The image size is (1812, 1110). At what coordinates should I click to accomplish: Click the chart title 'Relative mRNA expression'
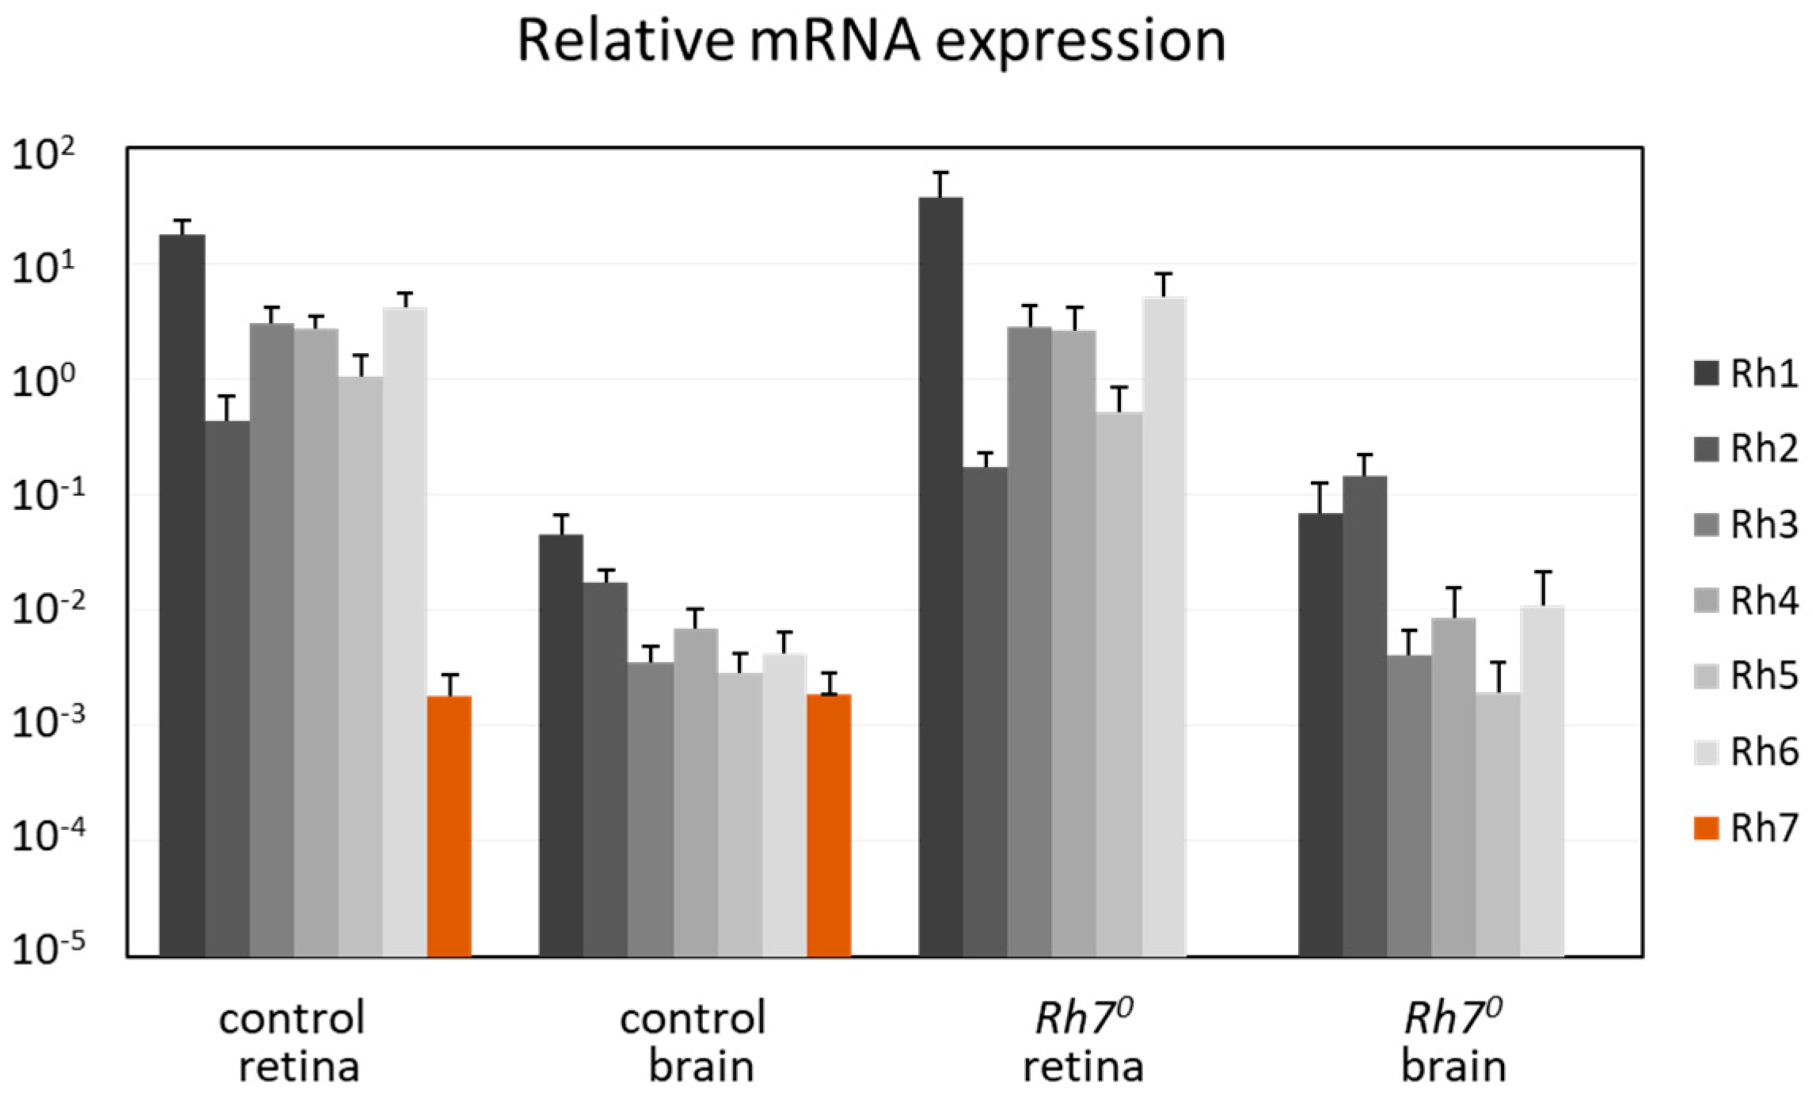pos(872,42)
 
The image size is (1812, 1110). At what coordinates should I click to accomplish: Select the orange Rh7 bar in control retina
pos(449,826)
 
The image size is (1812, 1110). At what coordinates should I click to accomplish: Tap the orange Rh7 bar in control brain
pos(829,825)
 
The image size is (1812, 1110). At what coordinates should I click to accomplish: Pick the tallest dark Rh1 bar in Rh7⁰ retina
pos(940,577)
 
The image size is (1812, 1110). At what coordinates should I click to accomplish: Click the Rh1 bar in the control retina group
pos(182,595)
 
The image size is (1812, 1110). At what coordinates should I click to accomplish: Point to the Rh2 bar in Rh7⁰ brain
pos(1365,716)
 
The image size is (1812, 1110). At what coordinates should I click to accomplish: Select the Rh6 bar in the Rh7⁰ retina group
pos(1164,627)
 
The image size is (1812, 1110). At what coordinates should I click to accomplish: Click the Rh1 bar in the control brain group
pos(561,746)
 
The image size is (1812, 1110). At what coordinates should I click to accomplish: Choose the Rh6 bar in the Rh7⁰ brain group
pos(1542,781)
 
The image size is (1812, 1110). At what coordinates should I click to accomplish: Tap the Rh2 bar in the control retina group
pos(227,689)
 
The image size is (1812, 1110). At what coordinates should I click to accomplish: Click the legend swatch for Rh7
pos(1706,829)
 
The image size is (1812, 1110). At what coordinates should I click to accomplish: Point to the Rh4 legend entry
pos(1746,601)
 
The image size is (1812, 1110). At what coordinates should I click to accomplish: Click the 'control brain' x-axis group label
pos(693,1042)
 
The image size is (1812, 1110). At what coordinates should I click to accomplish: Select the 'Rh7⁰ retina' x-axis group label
pos(1084,1042)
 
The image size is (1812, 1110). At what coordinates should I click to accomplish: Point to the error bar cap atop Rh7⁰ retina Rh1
pos(940,173)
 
